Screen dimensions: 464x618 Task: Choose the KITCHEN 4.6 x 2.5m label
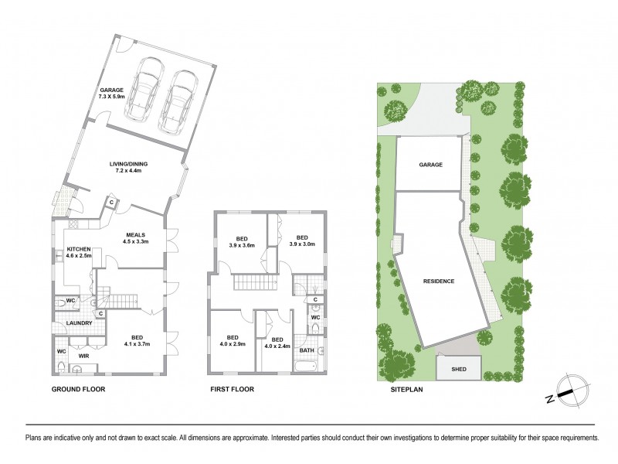(78, 252)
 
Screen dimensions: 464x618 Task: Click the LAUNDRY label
(79, 323)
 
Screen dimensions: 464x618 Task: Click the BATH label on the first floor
(307, 350)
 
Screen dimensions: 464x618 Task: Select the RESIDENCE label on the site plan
(438, 281)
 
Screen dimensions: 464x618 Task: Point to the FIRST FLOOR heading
(233, 390)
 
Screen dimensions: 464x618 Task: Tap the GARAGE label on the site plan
(430, 165)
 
